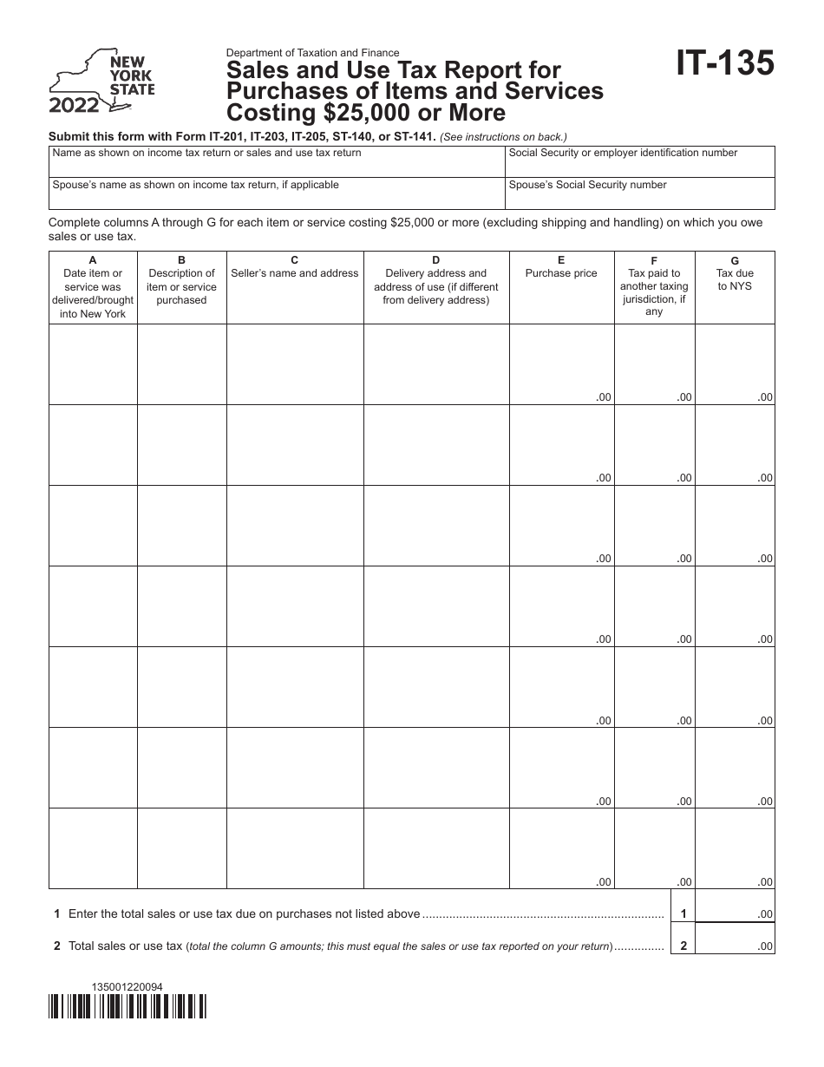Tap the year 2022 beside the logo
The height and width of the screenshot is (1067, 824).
point(74,107)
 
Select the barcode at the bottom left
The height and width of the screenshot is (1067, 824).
point(128,1006)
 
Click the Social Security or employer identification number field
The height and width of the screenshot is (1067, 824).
point(640,161)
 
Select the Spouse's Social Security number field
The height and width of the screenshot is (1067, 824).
point(640,193)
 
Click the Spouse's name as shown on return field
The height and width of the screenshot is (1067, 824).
point(277,193)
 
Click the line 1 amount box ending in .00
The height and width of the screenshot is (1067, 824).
point(735,913)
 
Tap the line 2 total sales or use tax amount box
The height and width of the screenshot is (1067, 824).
point(735,946)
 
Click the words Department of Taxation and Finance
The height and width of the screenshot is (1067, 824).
point(313,53)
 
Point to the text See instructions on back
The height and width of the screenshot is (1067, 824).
point(504,137)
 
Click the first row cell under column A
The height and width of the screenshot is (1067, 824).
point(93,364)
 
